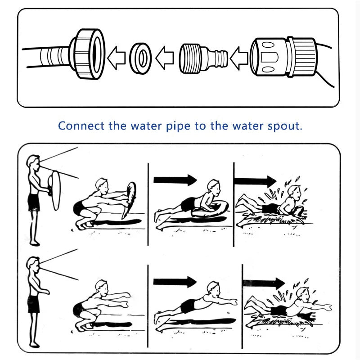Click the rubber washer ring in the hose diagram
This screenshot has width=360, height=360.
click(141, 58)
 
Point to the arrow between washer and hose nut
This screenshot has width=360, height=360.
click(116, 58)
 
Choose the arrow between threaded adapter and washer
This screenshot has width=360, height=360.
click(165, 58)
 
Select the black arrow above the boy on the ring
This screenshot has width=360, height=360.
click(175, 180)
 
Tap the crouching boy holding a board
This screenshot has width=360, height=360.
click(97, 202)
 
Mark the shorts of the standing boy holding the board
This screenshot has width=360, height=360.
click(34, 202)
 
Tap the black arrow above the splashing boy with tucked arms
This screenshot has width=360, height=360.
click(255, 181)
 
